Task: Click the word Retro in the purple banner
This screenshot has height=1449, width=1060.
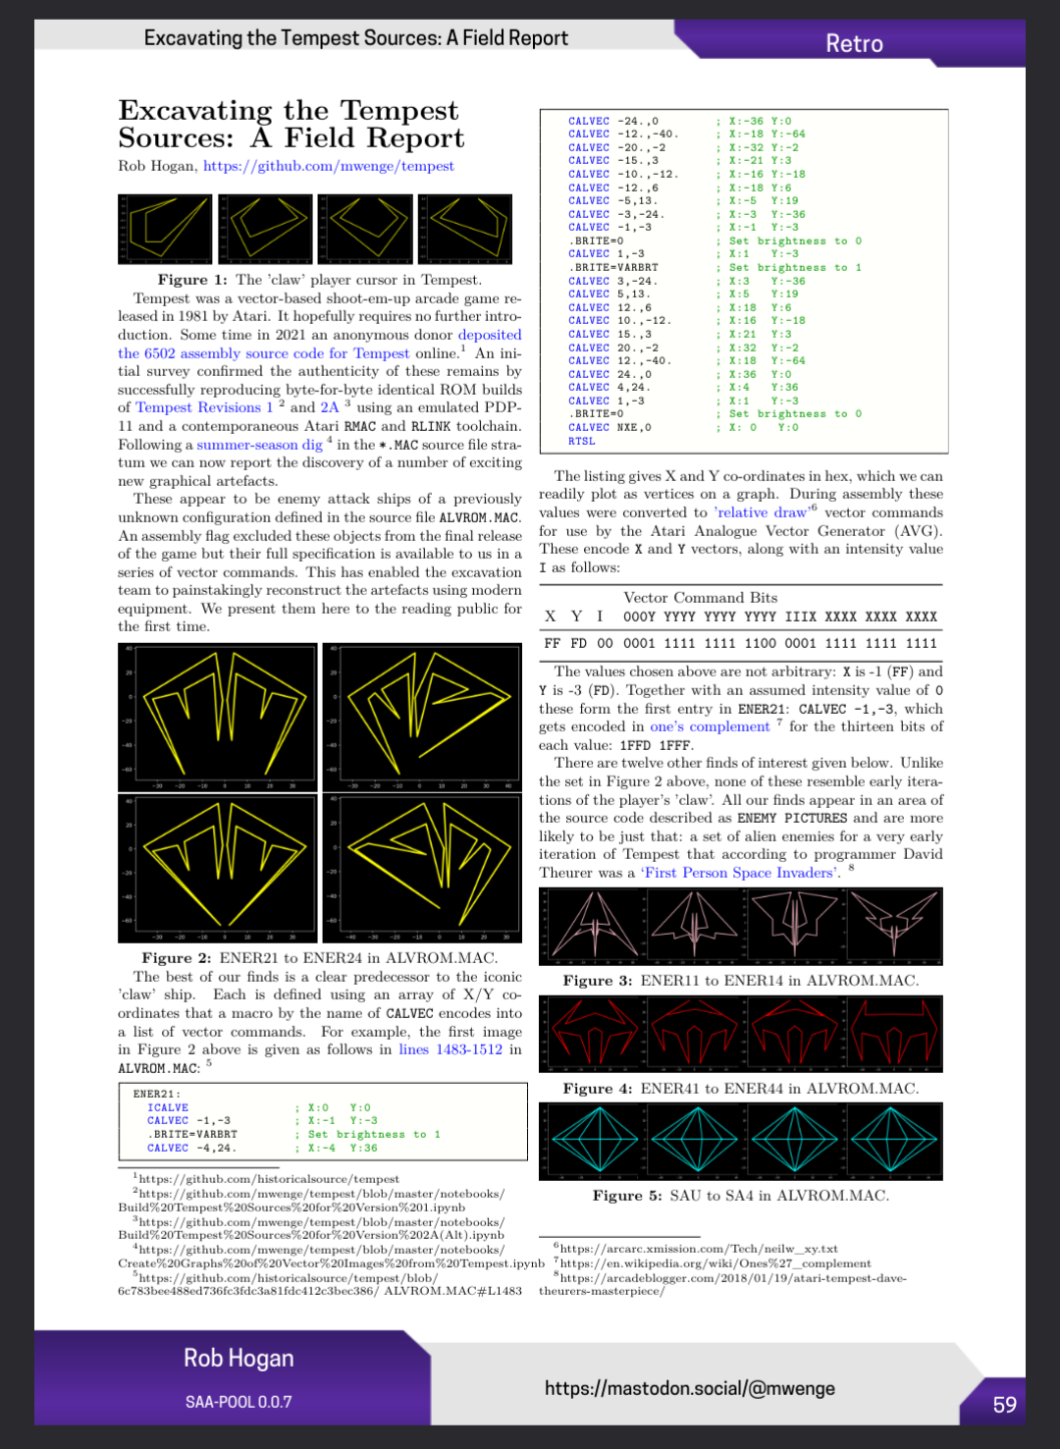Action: coord(854,43)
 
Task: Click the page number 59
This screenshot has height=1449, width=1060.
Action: coord(1004,1405)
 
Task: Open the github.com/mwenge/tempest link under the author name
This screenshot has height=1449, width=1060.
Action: coord(329,166)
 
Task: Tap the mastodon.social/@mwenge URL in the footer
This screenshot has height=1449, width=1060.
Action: coord(689,1388)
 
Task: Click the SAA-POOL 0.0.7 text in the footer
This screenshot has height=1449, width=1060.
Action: coord(238,1402)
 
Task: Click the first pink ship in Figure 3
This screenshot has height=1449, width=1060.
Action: coord(591,926)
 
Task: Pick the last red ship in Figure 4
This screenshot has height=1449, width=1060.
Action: coord(894,1034)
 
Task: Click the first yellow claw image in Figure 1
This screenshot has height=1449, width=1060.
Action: coord(165,229)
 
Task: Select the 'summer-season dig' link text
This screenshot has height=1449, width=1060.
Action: coord(259,445)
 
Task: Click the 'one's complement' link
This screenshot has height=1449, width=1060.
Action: coord(710,726)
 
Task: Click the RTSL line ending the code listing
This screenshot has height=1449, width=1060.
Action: coord(582,441)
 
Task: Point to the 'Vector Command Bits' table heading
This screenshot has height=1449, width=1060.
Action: coord(700,598)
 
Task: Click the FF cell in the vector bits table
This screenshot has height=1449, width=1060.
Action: coord(553,643)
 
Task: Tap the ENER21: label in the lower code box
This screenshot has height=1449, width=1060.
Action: coord(157,1094)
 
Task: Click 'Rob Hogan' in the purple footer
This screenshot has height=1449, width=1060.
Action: coord(238,1358)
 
